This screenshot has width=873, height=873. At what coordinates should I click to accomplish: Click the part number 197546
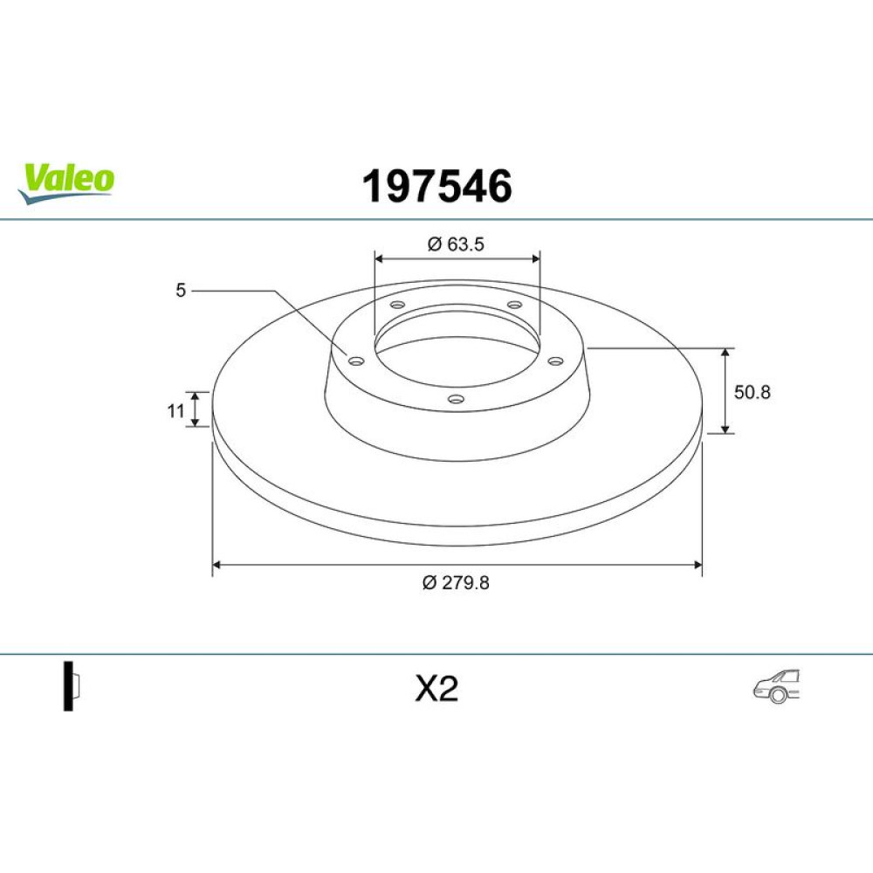coord(437,186)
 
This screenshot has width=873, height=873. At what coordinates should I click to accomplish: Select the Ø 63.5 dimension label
coord(456,244)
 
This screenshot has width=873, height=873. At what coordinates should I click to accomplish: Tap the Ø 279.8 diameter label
coord(456,582)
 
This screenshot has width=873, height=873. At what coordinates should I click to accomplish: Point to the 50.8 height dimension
coord(753,392)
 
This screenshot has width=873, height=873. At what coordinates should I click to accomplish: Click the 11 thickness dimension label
coord(176,411)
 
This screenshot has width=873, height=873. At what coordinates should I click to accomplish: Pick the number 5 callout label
coord(181,290)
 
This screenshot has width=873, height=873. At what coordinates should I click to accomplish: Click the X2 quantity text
coord(436,689)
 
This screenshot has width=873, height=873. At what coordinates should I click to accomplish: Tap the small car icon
coord(776,686)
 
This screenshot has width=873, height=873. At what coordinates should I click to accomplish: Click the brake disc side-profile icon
coord(72,685)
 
